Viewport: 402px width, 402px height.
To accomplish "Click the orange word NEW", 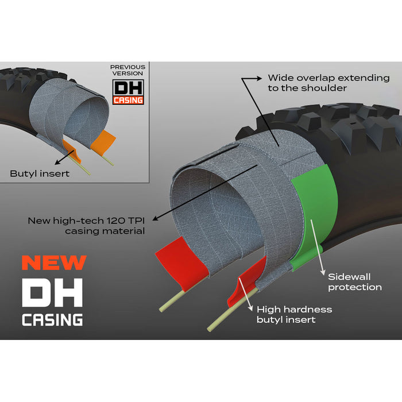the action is coord(54,262).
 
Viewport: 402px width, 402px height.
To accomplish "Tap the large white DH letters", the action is coord(52,292).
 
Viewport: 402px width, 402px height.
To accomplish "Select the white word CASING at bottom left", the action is coord(52,320).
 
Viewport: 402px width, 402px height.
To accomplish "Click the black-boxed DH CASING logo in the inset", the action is coord(128,92).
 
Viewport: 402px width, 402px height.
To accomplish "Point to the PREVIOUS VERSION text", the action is coord(127,70).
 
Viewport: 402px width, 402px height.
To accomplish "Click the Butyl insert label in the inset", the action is coord(40,173).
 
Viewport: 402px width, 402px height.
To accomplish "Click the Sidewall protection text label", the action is coord(355,282).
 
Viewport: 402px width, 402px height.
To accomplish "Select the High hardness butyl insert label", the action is coord(294,315).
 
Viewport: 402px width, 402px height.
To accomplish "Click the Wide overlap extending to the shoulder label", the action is coord(328,83).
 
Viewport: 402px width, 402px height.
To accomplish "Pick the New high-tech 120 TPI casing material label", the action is coord(86,226).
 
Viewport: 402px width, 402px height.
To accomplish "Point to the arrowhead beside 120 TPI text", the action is coord(156,218).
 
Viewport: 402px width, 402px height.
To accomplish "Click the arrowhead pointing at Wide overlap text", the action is coord(259,78).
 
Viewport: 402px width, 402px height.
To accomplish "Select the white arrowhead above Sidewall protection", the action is coord(323,272).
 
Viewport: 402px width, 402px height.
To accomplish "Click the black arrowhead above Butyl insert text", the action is coord(57,163).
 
